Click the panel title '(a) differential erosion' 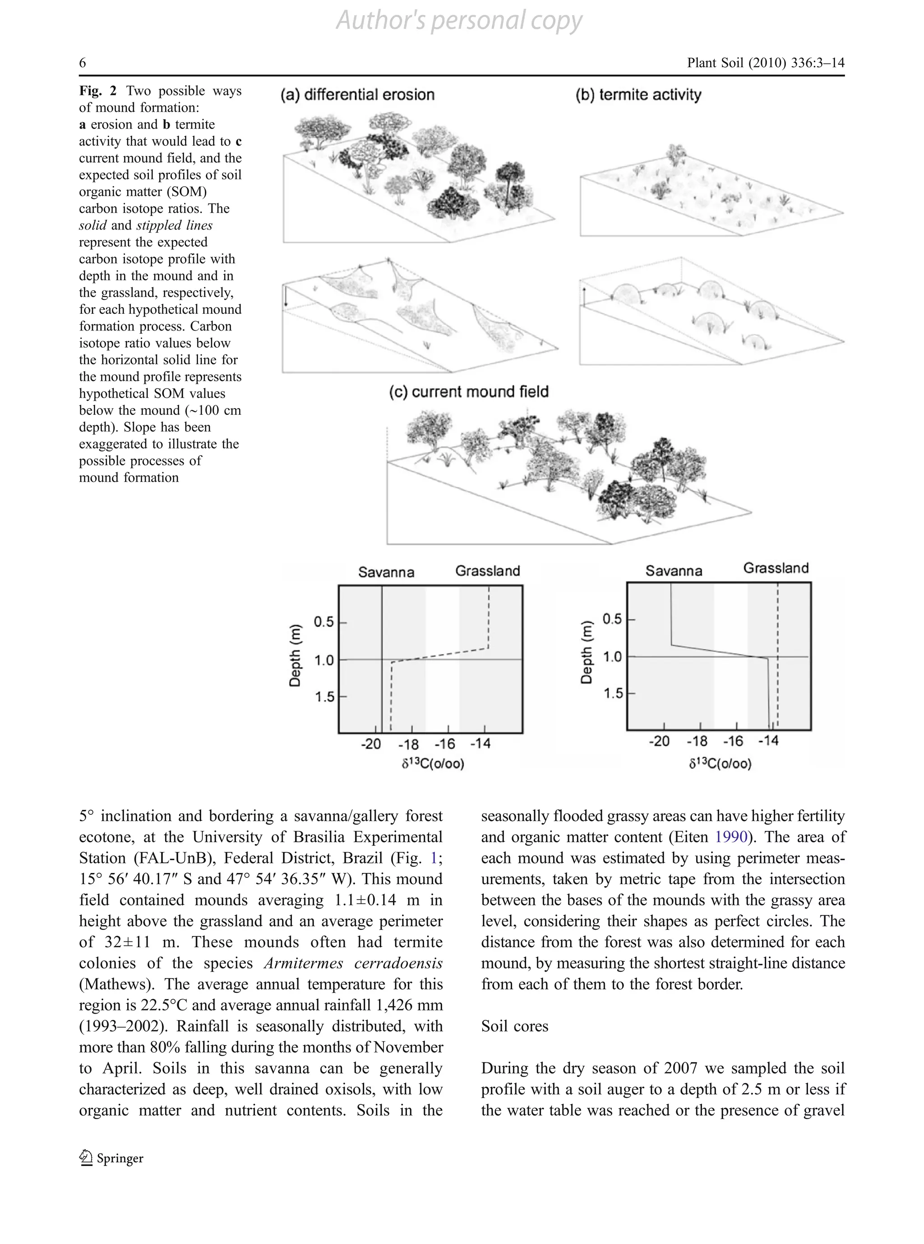pyautogui.click(x=357, y=95)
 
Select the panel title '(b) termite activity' pyautogui.click(x=638, y=95)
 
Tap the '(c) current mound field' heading pyautogui.click(x=469, y=392)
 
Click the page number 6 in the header pyautogui.click(x=83, y=63)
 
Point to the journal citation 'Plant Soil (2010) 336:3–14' pyautogui.click(x=765, y=63)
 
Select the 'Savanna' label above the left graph pyautogui.click(x=386, y=572)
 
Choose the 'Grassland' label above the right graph pyautogui.click(x=776, y=569)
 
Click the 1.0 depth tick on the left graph pyautogui.click(x=324, y=660)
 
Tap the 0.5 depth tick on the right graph pyautogui.click(x=612, y=619)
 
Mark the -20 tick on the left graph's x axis pyautogui.click(x=371, y=744)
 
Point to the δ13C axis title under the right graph pyautogui.click(x=720, y=763)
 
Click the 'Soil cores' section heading pyautogui.click(x=515, y=1026)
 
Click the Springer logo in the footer pyautogui.click(x=111, y=1158)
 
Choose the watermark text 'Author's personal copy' pyautogui.click(x=459, y=21)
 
